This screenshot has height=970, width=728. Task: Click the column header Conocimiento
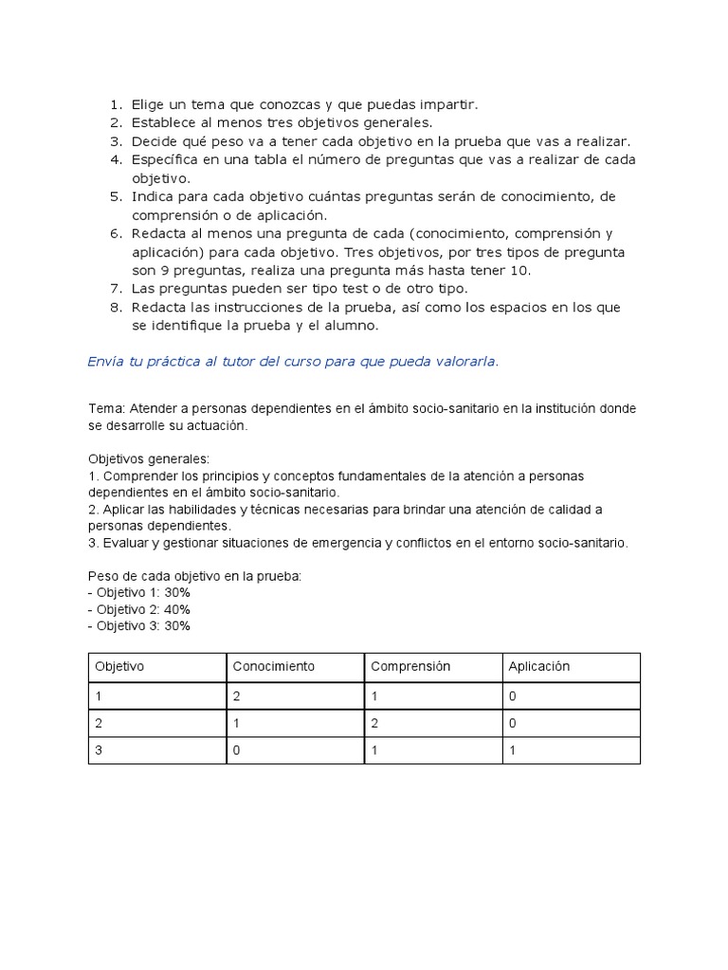[x=273, y=666]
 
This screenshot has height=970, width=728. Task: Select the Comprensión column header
[x=410, y=666]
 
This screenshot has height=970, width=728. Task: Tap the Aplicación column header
[x=538, y=666]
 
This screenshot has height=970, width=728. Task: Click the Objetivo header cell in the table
[x=119, y=666]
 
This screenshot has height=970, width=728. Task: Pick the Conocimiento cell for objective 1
[x=238, y=695]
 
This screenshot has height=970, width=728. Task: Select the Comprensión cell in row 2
[x=374, y=723]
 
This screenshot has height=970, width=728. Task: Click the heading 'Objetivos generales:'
[x=149, y=458]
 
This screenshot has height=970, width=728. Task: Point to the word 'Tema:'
[x=106, y=408]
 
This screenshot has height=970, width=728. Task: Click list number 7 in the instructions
[x=116, y=288]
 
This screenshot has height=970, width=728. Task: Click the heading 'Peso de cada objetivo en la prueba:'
[x=194, y=575]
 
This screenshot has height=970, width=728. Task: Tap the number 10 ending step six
[x=520, y=270]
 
